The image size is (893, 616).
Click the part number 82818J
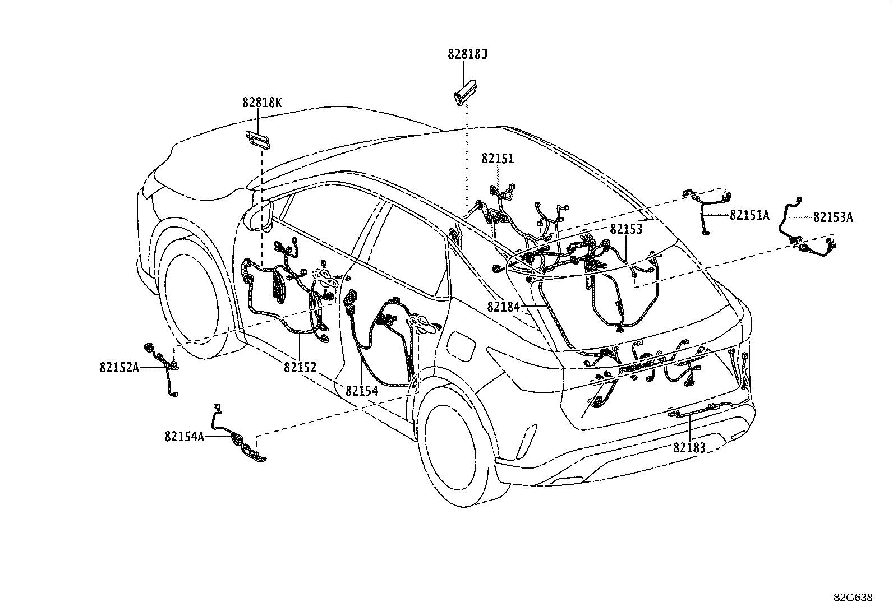coord(467,54)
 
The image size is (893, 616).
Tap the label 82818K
coord(262,103)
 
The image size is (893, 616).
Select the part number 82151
coord(498,159)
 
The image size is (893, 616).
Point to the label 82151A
coord(749,215)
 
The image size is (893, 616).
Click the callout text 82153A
coord(833,217)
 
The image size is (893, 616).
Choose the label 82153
coord(627,229)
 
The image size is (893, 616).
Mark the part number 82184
coord(504,307)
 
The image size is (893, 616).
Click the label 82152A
coord(119,367)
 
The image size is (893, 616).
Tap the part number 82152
coord(300,367)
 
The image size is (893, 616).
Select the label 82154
coord(362,391)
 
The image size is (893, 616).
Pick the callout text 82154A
coord(185,437)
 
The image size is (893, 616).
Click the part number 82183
coord(689,448)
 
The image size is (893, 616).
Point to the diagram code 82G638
coord(853,598)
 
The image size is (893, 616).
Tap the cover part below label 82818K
coord(257,140)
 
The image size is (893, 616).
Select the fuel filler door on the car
coord(461,345)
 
